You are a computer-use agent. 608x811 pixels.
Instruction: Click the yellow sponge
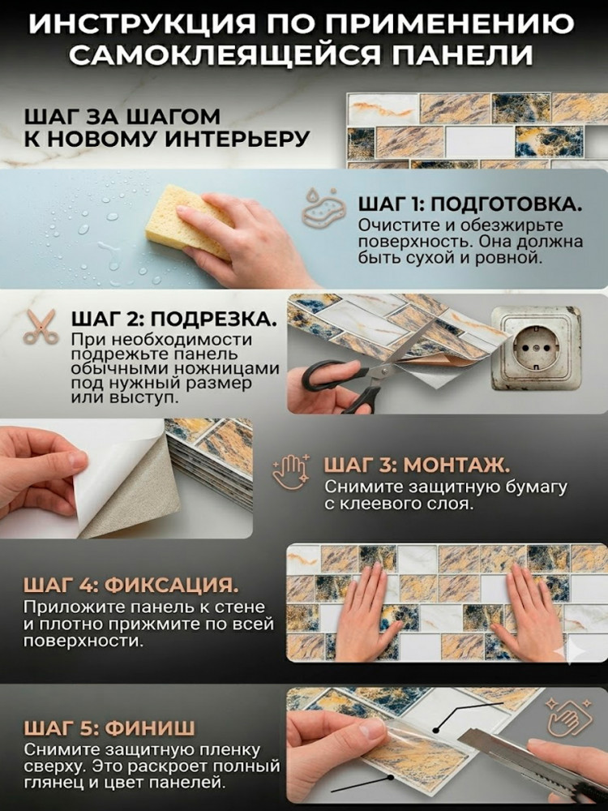pos(189,222)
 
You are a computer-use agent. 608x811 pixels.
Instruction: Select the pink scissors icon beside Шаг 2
pos(41,327)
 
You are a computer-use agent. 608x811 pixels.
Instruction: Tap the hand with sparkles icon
pos(290,470)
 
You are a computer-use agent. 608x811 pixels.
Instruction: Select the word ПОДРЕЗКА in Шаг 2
pos(214,319)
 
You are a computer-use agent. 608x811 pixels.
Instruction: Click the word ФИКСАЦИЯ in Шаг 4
pos(173,586)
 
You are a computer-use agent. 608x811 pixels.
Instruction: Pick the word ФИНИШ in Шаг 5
pos(149,728)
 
